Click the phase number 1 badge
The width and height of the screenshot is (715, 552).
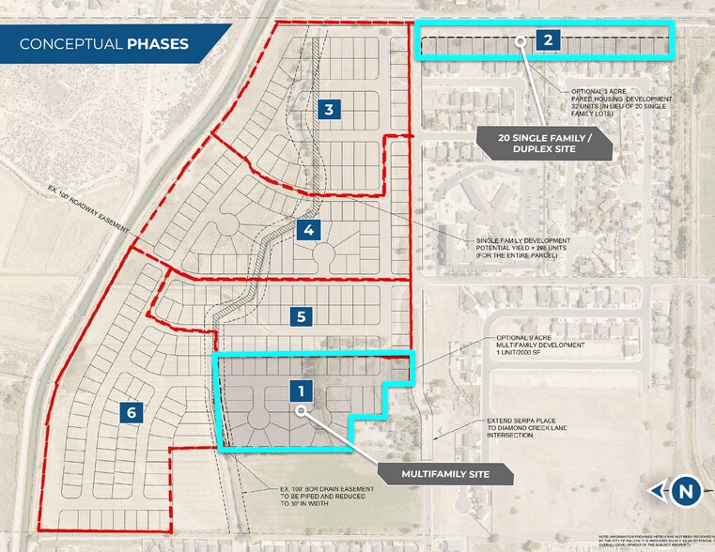tap(301, 390)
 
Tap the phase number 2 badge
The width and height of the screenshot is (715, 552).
tap(548, 39)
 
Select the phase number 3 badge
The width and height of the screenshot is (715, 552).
tap(328, 110)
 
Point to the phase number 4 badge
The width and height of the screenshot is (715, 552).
tap(308, 229)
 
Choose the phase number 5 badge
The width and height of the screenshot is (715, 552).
tap(301, 316)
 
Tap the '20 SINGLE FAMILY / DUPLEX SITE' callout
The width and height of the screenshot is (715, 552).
tap(544, 142)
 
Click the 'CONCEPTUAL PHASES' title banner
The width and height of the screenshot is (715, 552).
tap(104, 44)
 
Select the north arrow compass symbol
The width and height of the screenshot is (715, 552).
tap(687, 490)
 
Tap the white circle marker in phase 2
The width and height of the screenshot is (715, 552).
tap(520, 40)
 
